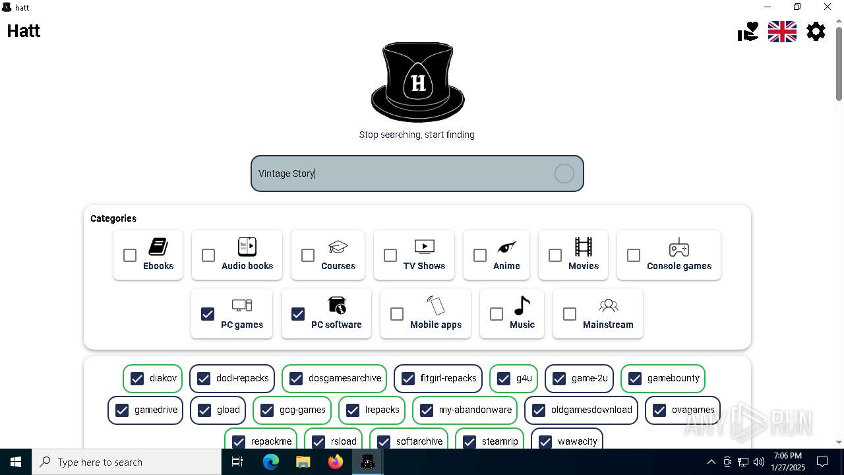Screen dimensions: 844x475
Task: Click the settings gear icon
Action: click(816, 31)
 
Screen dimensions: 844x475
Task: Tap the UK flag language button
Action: click(782, 31)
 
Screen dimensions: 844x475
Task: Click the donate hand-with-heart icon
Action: click(748, 31)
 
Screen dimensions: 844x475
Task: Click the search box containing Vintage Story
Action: click(402, 174)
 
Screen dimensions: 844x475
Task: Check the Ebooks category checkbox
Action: click(130, 255)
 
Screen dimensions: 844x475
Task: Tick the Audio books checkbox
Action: click(208, 255)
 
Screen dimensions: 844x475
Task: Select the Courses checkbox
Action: click(308, 255)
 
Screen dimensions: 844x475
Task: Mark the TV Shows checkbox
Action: click(390, 255)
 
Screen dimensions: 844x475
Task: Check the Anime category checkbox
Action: click(480, 255)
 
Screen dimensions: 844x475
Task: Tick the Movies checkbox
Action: click(555, 255)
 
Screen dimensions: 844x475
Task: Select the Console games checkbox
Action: click(634, 255)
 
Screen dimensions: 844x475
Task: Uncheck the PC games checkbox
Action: click(208, 314)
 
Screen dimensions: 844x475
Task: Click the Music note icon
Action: click(522, 305)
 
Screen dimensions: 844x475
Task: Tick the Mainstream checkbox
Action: click(570, 314)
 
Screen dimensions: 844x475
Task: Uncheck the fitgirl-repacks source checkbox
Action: click(408, 379)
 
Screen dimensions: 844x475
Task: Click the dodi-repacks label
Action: click(242, 378)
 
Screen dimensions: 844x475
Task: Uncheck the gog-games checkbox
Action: click(267, 410)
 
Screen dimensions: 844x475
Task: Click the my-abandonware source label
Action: click(475, 410)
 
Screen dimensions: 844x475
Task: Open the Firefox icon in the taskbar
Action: click(336, 462)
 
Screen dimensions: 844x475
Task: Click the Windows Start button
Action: click(16, 462)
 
